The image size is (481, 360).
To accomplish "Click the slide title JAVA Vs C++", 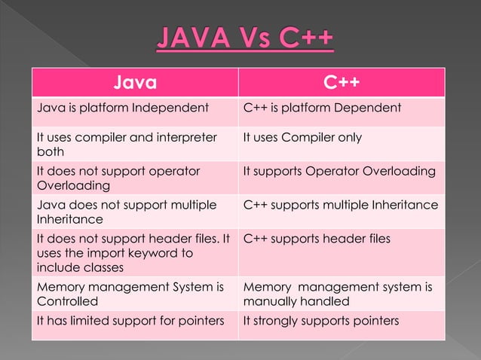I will pyautogui.click(x=246, y=38).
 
